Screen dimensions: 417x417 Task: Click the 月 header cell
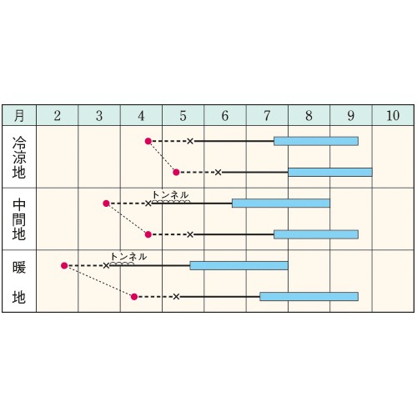[x=19, y=115]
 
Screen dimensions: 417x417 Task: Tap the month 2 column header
[x=58, y=116]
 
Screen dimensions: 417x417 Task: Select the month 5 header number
[x=183, y=116]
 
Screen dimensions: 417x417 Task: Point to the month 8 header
[x=309, y=116]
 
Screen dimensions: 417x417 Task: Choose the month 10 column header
[x=393, y=116]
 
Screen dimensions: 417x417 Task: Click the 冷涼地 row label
[x=19, y=157]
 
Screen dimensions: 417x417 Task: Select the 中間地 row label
[x=19, y=219]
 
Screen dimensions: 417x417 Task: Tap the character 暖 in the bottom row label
[x=19, y=268]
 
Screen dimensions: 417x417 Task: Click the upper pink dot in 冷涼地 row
[x=148, y=141]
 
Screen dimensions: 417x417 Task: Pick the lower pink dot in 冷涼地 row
[x=176, y=173]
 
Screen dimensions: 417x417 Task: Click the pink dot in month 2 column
[x=64, y=266]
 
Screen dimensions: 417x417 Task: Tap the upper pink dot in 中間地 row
[x=106, y=203]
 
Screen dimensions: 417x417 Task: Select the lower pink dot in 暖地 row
[x=134, y=297]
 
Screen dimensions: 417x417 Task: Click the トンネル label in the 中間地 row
[x=170, y=195]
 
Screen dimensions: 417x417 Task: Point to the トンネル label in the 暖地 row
[x=128, y=257]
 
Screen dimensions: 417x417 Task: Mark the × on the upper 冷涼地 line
[x=190, y=141]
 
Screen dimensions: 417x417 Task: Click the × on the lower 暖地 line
[x=176, y=297]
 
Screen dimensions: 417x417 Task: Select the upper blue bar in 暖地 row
[x=239, y=266]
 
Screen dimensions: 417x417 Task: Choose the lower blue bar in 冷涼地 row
[x=330, y=173]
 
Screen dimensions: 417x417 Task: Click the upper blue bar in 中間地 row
[x=281, y=203]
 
